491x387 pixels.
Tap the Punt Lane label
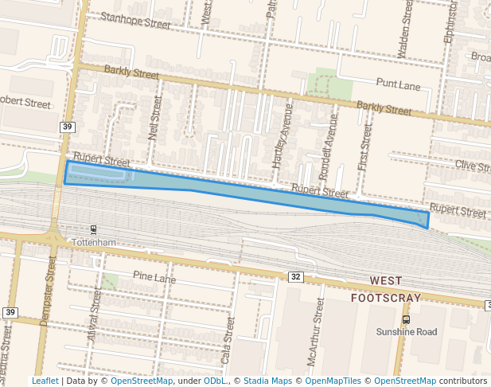tap(398, 83)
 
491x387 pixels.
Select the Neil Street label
tap(155, 119)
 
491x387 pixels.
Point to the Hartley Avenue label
tap(278, 135)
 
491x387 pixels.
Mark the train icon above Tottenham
tap(95, 229)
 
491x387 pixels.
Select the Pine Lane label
tap(154, 277)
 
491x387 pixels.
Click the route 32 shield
tap(295, 276)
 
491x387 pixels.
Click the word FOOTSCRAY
tap(386, 297)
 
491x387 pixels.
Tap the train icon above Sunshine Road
tap(407, 319)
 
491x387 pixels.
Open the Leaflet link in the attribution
tap(45, 381)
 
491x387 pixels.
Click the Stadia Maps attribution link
tap(267, 381)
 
